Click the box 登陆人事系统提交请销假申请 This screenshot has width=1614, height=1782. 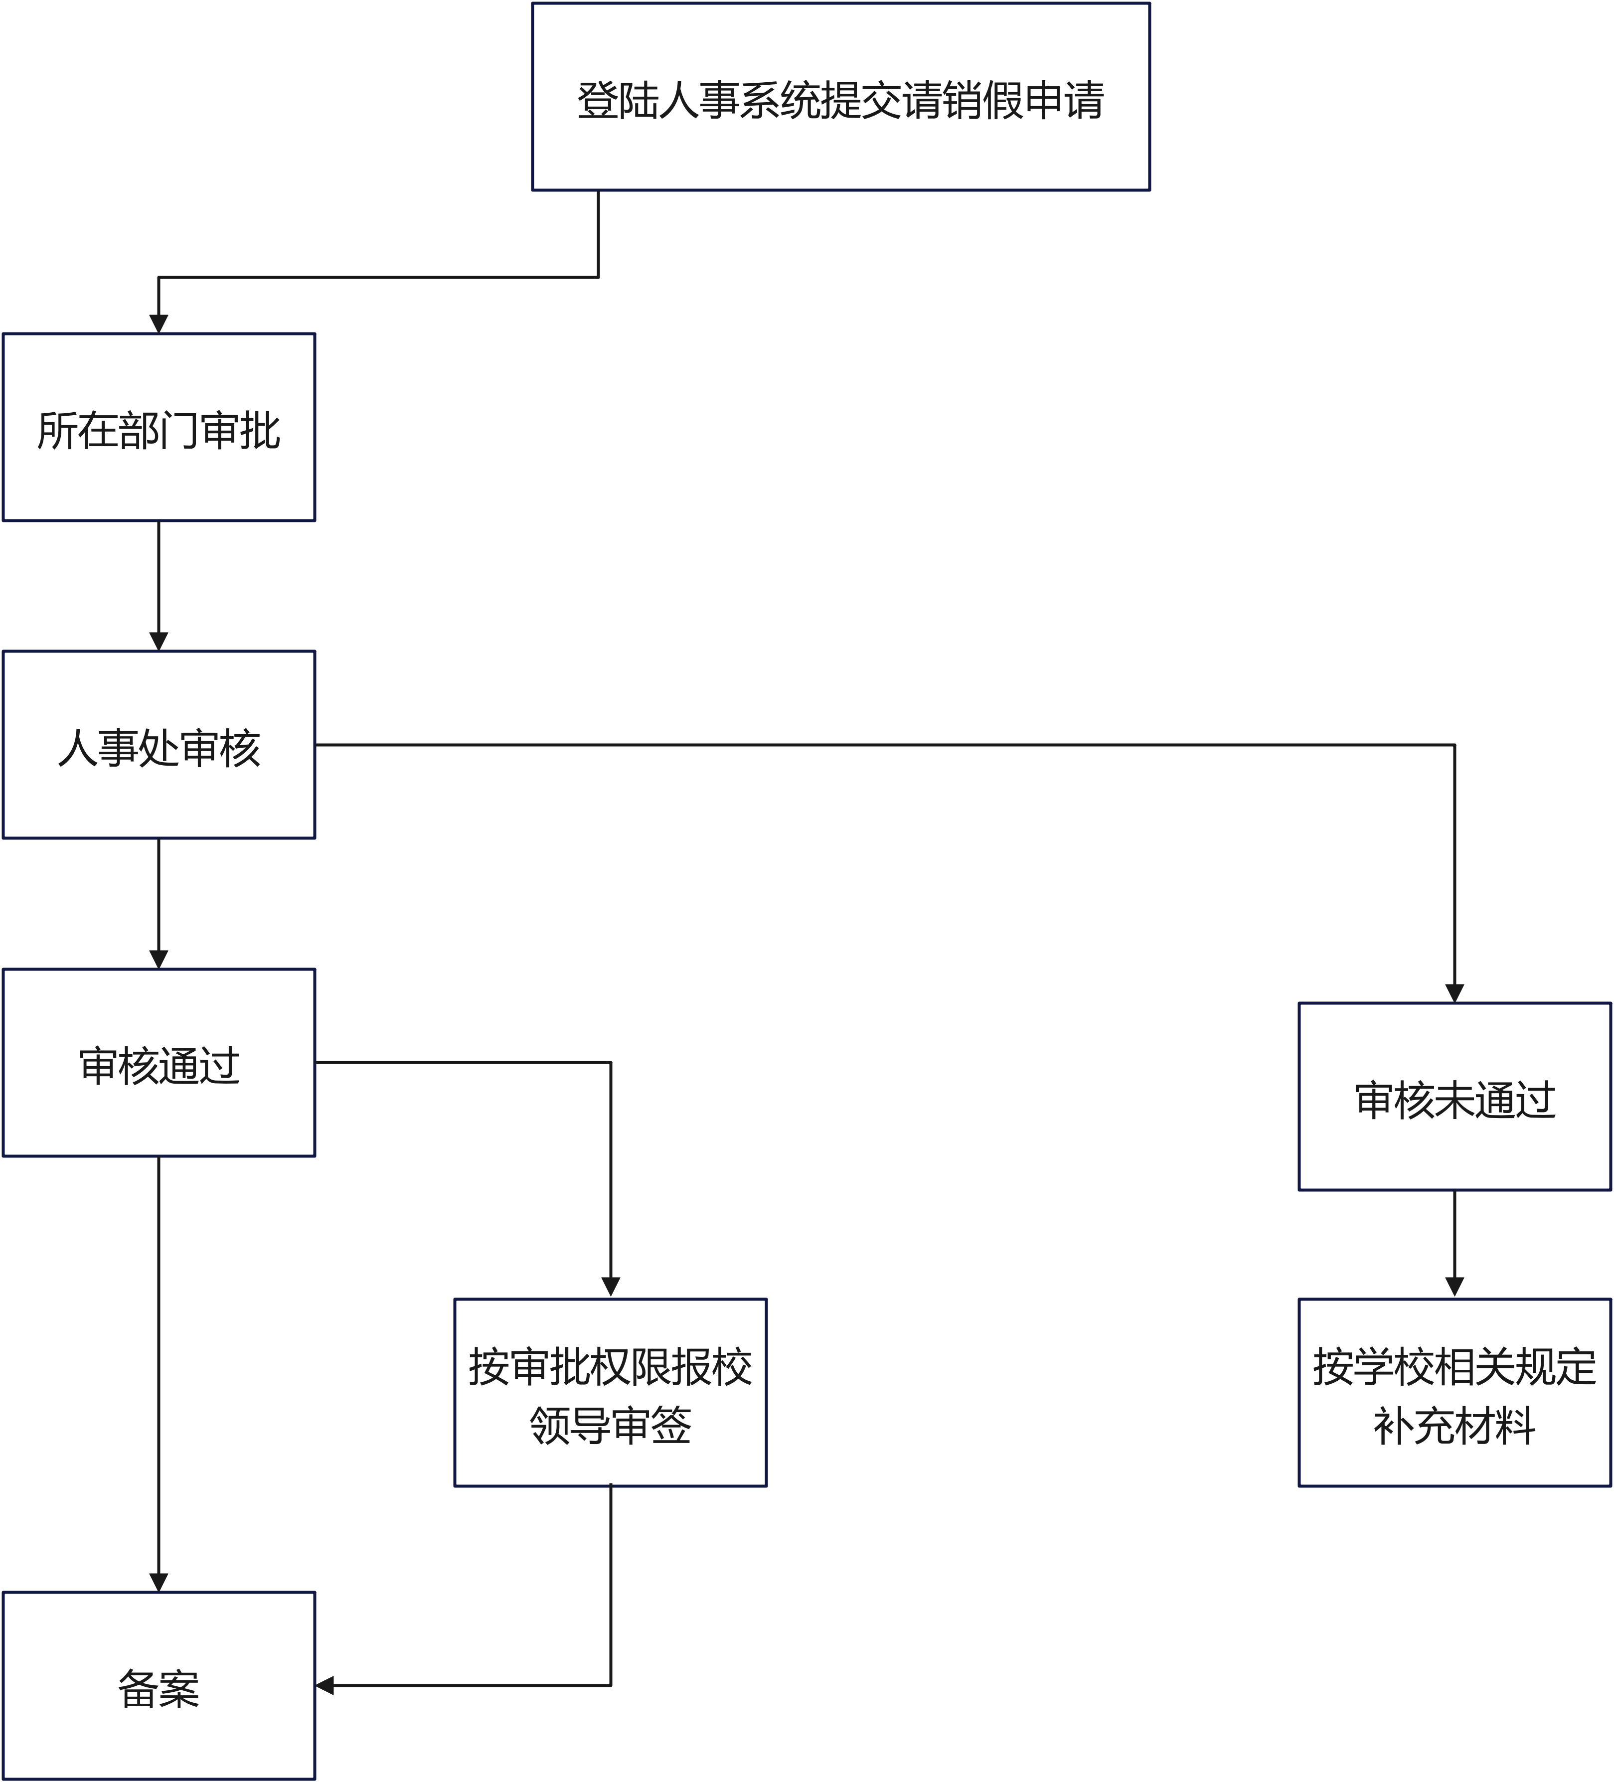click(840, 96)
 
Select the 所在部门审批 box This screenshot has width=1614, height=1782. click(159, 427)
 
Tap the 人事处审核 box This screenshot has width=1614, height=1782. click(159, 744)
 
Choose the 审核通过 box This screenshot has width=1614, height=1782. click(159, 1063)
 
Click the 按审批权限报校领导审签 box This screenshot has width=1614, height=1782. click(610, 1392)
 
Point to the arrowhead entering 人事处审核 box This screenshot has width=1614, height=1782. click(159, 642)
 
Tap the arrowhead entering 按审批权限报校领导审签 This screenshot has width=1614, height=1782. click(611, 1289)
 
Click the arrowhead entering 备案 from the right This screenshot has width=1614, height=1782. click(324, 1686)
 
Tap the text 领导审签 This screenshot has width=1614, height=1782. click(611, 1425)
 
